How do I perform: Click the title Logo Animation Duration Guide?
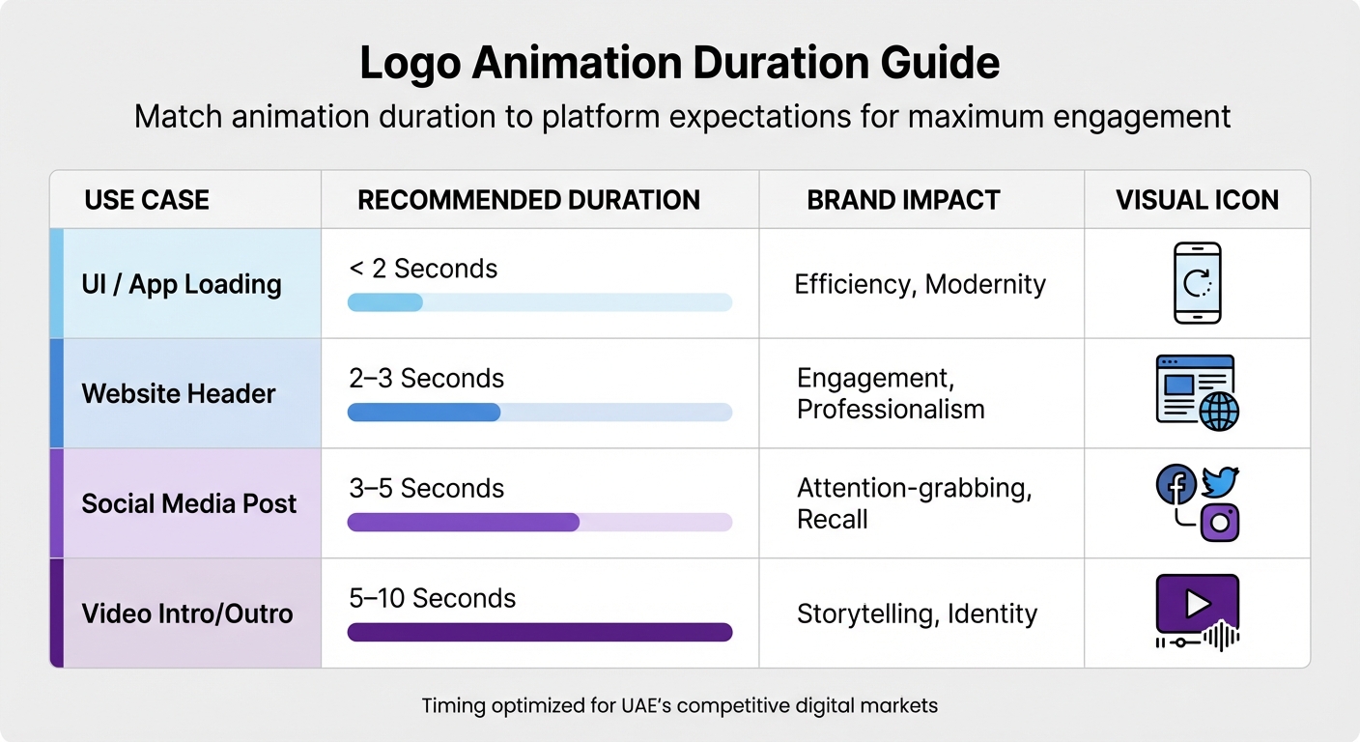click(679, 64)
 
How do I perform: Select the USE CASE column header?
click(147, 200)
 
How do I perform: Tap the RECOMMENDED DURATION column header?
click(528, 200)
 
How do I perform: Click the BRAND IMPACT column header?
click(903, 200)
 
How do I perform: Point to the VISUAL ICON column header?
click(1197, 200)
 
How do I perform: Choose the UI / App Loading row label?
click(182, 284)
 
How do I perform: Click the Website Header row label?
click(179, 394)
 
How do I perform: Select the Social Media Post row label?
click(189, 503)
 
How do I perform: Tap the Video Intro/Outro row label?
click(187, 614)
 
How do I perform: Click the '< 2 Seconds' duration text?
click(423, 269)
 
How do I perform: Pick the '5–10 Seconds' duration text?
click(432, 598)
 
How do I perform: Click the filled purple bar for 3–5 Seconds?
click(463, 523)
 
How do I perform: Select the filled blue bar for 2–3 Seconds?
click(423, 413)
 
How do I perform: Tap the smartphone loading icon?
click(1197, 282)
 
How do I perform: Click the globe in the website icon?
click(1218, 411)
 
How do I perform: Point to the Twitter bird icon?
click(1221, 481)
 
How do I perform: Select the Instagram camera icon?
click(1219, 523)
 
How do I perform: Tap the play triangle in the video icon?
click(1198, 604)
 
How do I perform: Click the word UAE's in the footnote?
click(648, 705)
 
